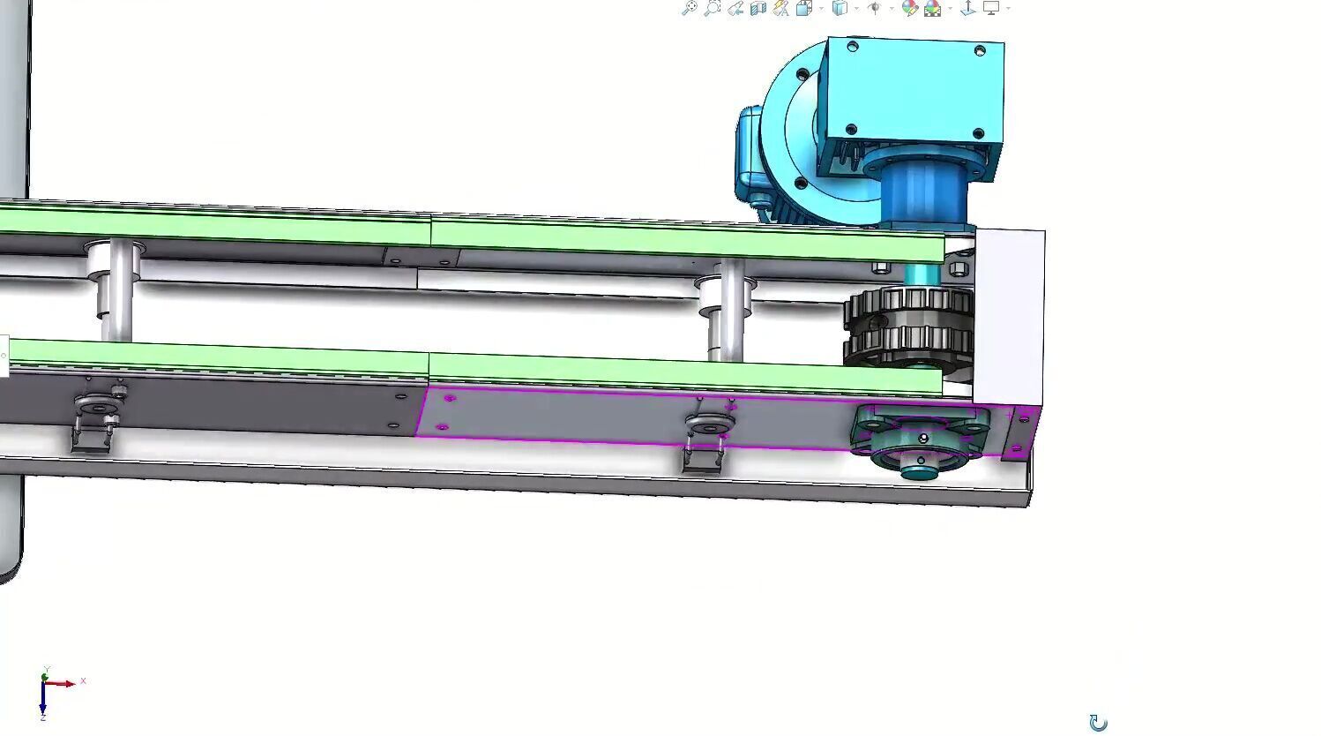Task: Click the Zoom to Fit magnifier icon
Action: pyautogui.click(x=690, y=7)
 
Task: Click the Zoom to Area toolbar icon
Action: pyautogui.click(x=713, y=7)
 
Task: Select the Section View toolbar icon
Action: pyautogui.click(x=758, y=8)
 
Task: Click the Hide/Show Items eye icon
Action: pyautogui.click(x=874, y=8)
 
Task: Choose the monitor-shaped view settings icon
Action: pyautogui.click(x=991, y=7)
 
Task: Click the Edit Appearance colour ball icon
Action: pyautogui.click(x=909, y=8)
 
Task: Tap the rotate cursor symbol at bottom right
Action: pyautogui.click(x=1098, y=723)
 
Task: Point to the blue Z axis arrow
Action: pyautogui.click(x=42, y=704)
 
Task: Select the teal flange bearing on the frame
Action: pyautogui.click(x=920, y=439)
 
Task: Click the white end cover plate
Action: pyautogui.click(x=1010, y=309)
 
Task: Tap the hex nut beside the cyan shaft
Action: pyautogui.click(x=958, y=267)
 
